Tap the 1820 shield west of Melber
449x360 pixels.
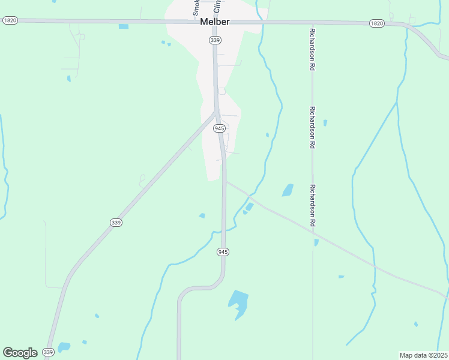pos(10,20)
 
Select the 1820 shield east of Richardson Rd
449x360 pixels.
pos(376,23)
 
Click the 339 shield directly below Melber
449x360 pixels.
pos(215,40)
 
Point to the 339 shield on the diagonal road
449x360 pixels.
pos(116,222)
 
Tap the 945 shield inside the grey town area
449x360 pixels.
pos(220,128)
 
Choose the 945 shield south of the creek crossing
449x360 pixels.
pos(223,252)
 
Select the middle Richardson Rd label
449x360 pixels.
pos(313,128)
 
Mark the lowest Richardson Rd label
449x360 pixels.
pos(313,205)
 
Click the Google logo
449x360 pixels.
pos(20,352)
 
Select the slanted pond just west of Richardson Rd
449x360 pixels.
pos(288,190)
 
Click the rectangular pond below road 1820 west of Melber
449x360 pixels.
pos(124,26)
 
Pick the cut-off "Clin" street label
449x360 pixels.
pos(217,7)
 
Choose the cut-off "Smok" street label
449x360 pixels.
pos(196,7)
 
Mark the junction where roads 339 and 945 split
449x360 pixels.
pos(217,112)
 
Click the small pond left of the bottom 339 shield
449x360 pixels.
pos(64,346)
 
